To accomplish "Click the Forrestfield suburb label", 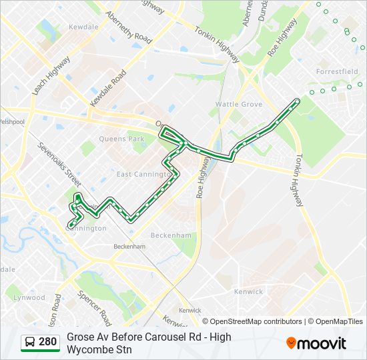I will (x=337, y=71).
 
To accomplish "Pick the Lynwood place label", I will (x=29, y=297).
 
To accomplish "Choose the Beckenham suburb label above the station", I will (x=171, y=235).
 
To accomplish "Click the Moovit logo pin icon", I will (x=291, y=343).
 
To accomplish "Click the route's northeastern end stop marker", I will (x=297, y=101).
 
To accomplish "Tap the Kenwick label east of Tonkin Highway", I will (x=248, y=291).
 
